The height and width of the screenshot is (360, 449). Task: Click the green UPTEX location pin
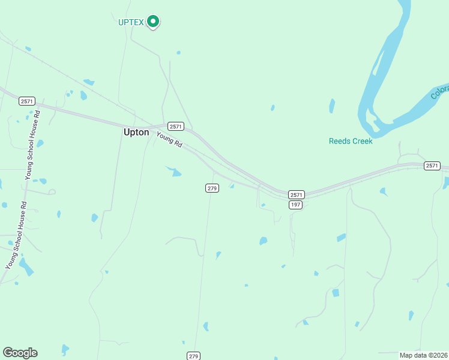pyautogui.click(x=153, y=22)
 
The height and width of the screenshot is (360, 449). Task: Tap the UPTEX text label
pyautogui.click(x=131, y=22)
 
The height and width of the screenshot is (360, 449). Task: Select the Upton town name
pyautogui.click(x=136, y=132)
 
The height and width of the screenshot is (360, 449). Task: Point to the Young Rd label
pyautogui.click(x=169, y=139)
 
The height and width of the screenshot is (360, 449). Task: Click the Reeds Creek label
pyautogui.click(x=351, y=141)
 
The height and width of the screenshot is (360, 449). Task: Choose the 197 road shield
pyautogui.click(x=295, y=205)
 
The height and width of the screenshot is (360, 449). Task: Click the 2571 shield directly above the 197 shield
pyautogui.click(x=297, y=195)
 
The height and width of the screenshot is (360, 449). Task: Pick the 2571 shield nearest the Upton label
pyautogui.click(x=175, y=126)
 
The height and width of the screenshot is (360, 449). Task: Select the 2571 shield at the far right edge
pyautogui.click(x=432, y=166)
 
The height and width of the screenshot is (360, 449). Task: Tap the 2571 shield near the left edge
pyautogui.click(x=26, y=101)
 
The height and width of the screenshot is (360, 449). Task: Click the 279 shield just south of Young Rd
pyautogui.click(x=212, y=188)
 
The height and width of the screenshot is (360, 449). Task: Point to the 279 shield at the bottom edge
pyautogui.click(x=193, y=356)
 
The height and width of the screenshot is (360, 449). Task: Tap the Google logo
pyautogui.click(x=20, y=353)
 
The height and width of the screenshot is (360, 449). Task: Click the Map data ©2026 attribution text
pyautogui.click(x=423, y=355)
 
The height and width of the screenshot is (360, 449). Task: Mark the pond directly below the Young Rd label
pyautogui.click(x=175, y=172)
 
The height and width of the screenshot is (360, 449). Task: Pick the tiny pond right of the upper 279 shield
pyautogui.click(x=232, y=186)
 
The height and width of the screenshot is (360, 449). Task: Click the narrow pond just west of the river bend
pyautogui.click(x=331, y=106)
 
